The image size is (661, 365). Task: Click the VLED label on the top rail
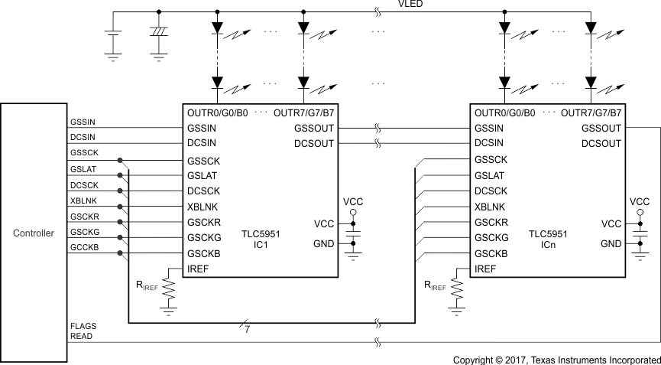(x=410, y=5)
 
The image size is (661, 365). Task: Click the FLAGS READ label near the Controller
(x=83, y=331)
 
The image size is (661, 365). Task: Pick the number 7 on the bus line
(x=246, y=330)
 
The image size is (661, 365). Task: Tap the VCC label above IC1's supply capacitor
(x=353, y=200)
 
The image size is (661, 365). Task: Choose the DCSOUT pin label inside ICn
(x=601, y=143)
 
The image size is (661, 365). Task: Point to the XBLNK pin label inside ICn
(x=490, y=207)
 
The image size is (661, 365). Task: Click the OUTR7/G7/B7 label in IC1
(x=303, y=112)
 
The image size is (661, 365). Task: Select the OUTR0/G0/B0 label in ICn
(x=505, y=112)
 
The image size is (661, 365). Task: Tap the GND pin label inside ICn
(x=611, y=244)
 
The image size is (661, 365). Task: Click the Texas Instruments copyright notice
(x=556, y=359)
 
